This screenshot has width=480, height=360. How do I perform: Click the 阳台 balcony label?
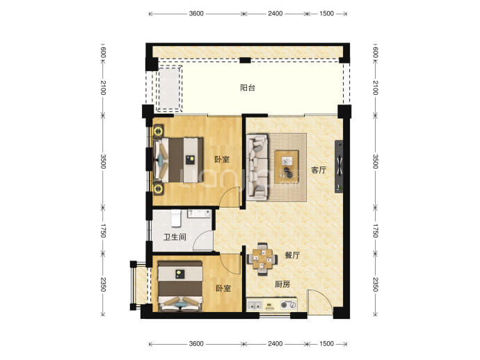tap(248, 88)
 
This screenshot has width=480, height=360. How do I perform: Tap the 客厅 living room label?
tap(319, 170)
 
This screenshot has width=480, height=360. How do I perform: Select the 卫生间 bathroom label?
tap(175, 237)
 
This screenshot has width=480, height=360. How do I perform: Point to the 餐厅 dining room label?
tap(292, 255)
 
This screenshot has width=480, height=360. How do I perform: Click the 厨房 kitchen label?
tap(282, 284)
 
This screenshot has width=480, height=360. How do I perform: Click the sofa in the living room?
tap(257, 167)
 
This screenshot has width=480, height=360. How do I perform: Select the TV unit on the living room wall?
tap(339, 166)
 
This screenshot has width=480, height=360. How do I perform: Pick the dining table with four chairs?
tap(262, 259)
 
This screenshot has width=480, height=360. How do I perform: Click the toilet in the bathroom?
tap(176, 218)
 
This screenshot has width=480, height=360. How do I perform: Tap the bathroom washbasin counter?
tap(199, 214)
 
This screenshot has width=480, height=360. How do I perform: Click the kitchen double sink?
tap(255, 305)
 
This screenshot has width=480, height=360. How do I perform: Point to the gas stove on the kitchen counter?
tap(289, 305)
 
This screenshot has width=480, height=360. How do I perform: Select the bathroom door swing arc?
tap(202, 241)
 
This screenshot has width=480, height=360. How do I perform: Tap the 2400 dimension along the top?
tap(275, 13)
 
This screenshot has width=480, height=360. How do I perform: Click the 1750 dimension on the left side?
tap(103, 230)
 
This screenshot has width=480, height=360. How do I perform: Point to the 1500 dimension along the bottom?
tap(326, 343)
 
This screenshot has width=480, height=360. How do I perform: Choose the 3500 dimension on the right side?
tap(376, 162)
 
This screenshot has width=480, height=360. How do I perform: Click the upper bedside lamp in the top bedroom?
tap(158, 131)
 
